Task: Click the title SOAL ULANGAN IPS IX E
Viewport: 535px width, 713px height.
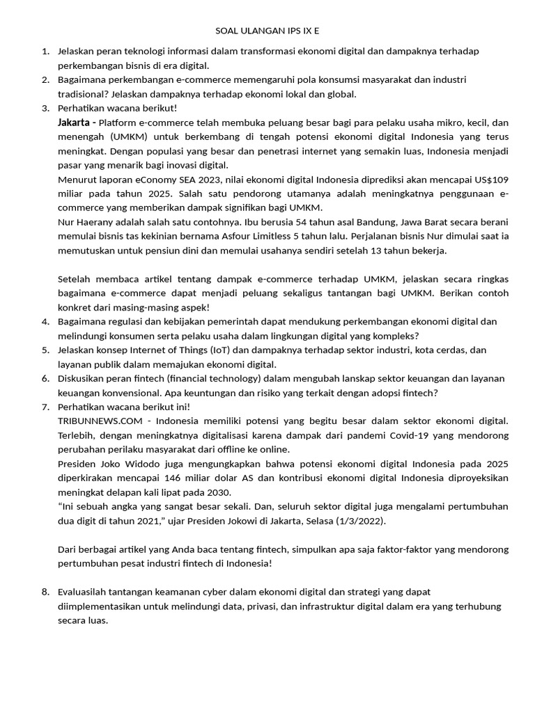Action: click(x=267, y=31)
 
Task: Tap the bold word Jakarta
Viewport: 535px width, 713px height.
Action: click(x=75, y=123)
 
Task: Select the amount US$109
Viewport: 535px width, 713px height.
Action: click(x=493, y=180)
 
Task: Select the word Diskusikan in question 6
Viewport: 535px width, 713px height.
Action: click(x=84, y=378)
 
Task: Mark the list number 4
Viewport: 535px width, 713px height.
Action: click(x=45, y=321)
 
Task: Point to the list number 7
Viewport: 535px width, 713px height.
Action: click(x=45, y=407)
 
